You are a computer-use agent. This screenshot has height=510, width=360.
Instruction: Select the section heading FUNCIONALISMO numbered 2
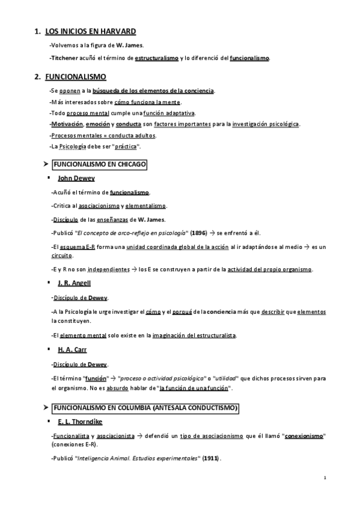click(x=76, y=77)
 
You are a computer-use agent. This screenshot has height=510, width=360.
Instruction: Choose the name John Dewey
click(x=76, y=179)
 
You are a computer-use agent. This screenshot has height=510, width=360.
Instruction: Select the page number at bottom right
click(x=325, y=479)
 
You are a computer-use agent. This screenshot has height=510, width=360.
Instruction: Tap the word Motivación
click(x=67, y=124)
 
